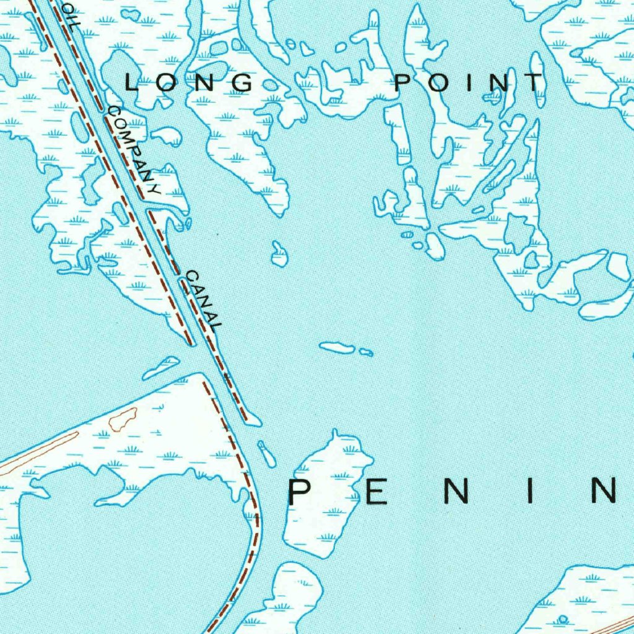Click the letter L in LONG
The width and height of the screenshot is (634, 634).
coord(132,82)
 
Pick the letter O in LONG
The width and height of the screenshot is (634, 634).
coord(168,82)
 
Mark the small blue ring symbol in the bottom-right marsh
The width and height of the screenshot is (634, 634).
coord(563,619)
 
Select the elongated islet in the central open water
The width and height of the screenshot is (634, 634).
coord(337,348)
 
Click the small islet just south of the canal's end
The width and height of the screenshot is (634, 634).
coord(267,454)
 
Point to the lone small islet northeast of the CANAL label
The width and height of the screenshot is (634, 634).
coord(279,254)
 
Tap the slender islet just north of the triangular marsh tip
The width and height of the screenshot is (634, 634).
coord(160,367)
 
